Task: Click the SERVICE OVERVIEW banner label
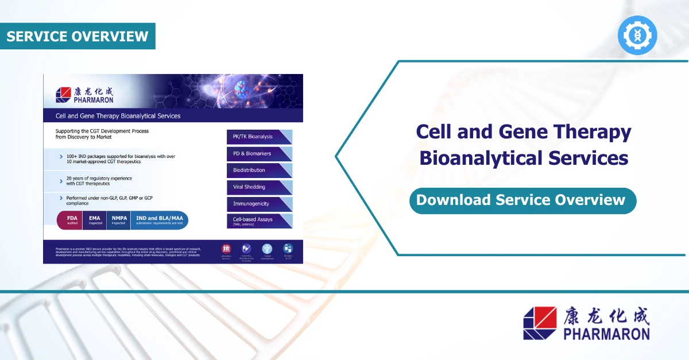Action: tap(78, 36)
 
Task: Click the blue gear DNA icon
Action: tap(637, 36)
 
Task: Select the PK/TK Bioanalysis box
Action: tap(259, 137)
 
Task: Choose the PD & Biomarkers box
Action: tap(259, 154)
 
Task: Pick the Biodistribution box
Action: tap(259, 171)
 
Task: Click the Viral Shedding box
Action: tap(259, 187)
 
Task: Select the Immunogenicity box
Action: tap(259, 204)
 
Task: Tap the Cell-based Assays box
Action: tap(259, 220)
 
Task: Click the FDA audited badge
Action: tap(72, 220)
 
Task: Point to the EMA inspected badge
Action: tap(95, 220)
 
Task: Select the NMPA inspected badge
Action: tap(119, 220)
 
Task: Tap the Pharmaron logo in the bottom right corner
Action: tap(586, 323)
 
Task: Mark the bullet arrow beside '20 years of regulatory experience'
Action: tap(61, 181)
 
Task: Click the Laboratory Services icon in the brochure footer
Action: tap(226, 250)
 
